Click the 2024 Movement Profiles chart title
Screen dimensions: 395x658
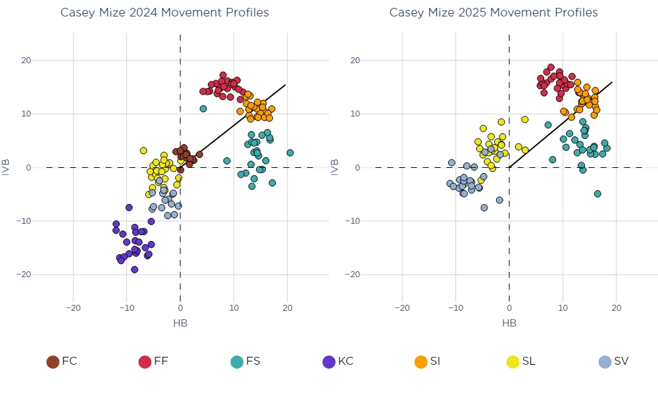point(164,13)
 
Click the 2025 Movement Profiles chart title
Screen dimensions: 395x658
point(493,13)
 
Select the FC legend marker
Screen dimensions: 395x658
point(53,361)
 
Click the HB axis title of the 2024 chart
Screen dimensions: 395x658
point(180,323)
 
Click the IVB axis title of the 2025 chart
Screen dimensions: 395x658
point(336,167)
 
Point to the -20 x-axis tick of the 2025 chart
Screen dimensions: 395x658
point(402,307)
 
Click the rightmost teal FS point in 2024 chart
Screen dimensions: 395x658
point(290,153)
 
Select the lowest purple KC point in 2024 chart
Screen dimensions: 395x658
point(134,269)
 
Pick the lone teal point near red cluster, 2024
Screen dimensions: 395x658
point(203,109)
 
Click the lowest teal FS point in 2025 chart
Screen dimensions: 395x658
point(597,194)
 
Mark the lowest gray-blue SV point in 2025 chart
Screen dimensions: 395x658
point(484,207)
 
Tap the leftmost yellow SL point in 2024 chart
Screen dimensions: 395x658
point(143,151)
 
